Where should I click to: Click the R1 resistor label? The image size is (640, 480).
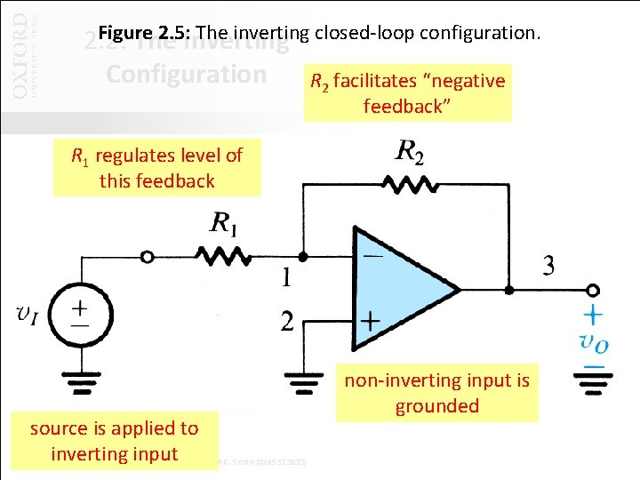tap(224, 224)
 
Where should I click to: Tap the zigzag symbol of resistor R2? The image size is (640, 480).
tap(412, 183)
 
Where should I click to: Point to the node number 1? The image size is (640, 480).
tap(285, 279)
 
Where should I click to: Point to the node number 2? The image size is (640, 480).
tap(285, 322)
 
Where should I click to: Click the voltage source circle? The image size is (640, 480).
tap(79, 312)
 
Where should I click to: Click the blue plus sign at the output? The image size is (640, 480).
tap(591, 315)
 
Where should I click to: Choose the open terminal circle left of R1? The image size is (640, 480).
tap(148, 257)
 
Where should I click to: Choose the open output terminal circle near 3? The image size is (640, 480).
tap(593, 289)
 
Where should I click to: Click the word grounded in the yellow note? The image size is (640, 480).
tap(437, 406)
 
